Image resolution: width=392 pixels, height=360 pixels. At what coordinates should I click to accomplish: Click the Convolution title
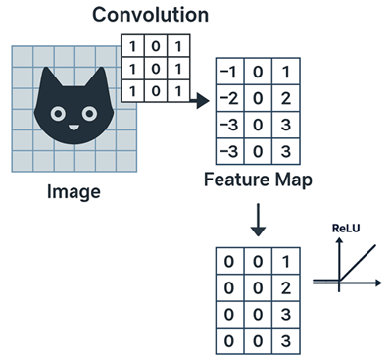coord(150,15)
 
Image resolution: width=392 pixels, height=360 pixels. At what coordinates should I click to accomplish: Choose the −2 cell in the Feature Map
coord(229,100)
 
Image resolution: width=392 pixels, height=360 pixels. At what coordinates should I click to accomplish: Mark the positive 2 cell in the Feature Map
coord(283,100)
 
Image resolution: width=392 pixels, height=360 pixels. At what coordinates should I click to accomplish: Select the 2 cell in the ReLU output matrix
coord(283,288)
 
